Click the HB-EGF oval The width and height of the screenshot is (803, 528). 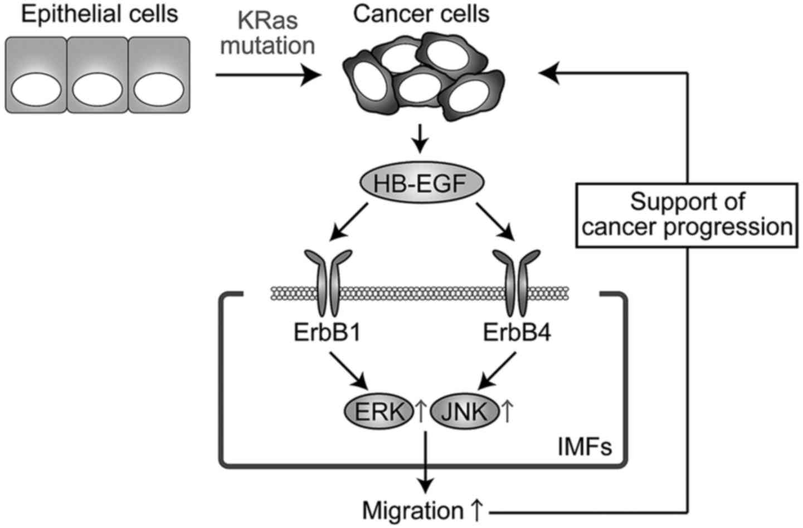coord(421,183)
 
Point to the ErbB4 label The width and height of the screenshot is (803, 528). coord(517,335)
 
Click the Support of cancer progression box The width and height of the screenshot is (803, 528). coord(687,215)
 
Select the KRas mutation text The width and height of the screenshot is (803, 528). coord(267,33)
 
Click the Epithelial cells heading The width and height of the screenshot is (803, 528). coord(99,14)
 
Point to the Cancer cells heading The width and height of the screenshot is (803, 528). coord(421,14)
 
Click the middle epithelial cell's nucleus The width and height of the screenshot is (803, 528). coord(98,90)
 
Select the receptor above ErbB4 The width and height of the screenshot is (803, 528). coord(517,282)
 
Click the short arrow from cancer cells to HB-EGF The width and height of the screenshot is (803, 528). coord(421,144)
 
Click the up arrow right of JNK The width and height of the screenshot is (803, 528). coord(507,413)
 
